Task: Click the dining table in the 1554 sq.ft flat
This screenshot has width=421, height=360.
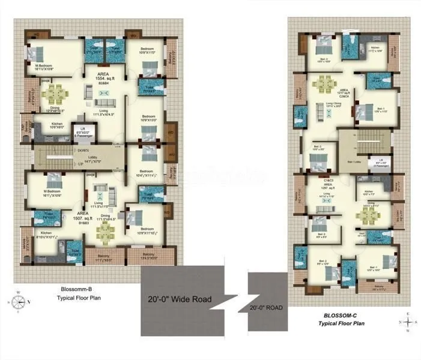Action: point(55,93)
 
